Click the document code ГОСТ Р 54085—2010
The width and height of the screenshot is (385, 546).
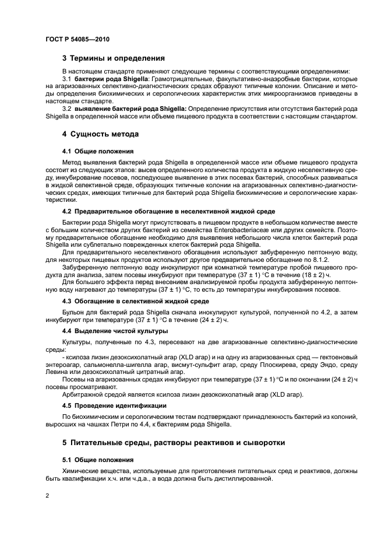(77, 38)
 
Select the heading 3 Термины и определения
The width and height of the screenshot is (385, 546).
(113, 58)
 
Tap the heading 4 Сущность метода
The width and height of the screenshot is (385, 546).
(100, 134)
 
